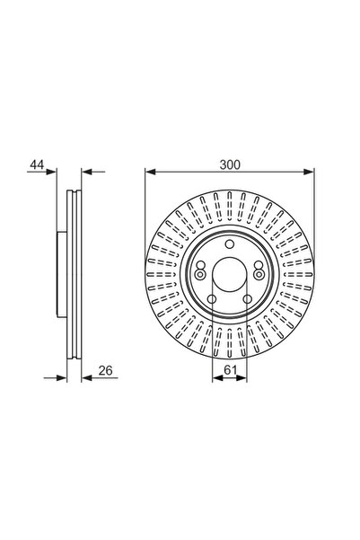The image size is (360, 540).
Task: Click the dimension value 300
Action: click(x=230, y=165)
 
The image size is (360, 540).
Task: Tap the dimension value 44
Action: click(x=37, y=164)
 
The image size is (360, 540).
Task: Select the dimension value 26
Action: click(x=105, y=371)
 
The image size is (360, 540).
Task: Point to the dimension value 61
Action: click(x=230, y=370)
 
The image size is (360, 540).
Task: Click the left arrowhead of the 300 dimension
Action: click(x=151, y=172)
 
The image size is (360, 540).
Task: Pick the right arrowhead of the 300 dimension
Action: click(x=309, y=172)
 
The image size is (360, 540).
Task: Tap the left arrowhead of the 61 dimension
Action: click(x=217, y=378)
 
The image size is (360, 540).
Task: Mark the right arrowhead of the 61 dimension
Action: click(x=242, y=378)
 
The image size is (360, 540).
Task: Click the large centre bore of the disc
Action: click(x=230, y=274)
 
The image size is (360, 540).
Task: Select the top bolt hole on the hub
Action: click(x=230, y=244)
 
